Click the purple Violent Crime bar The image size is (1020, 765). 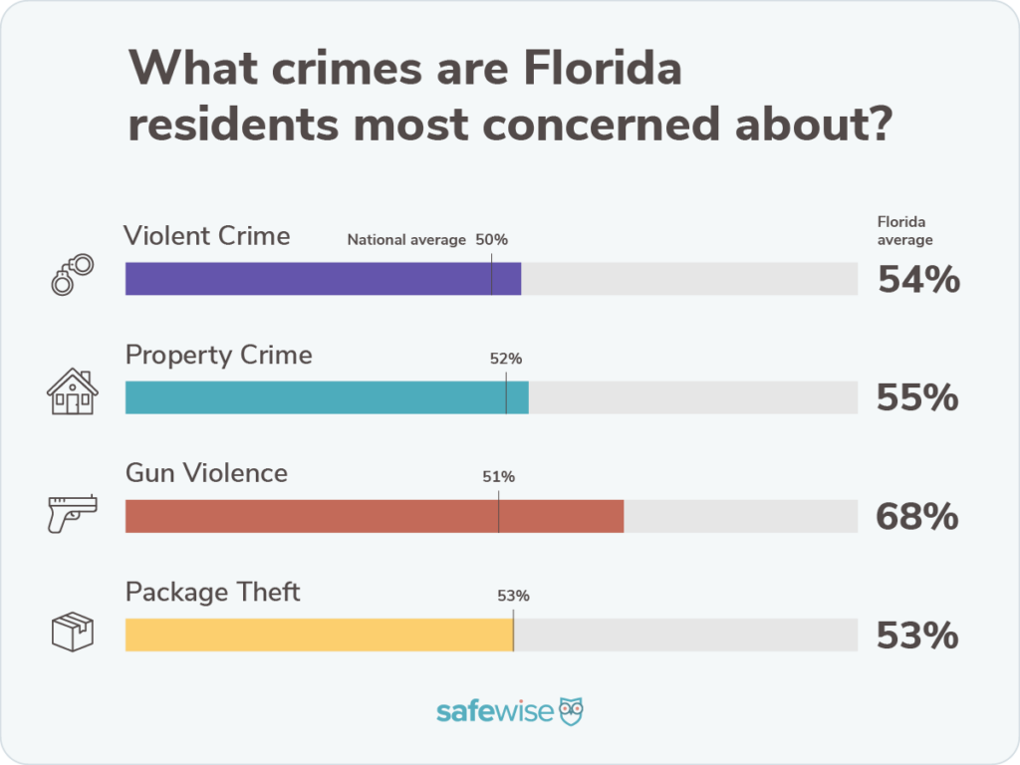coord(323,279)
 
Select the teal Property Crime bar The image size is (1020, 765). coord(327,397)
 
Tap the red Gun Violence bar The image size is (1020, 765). coord(375,516)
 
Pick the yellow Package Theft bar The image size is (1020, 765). coord(319,635)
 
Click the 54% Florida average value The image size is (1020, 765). coord(918,280)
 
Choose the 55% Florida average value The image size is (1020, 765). coord(917,398)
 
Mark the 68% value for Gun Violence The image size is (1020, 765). coord(917,517)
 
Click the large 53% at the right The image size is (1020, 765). coord(917,636)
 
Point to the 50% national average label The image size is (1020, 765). coord(491,240)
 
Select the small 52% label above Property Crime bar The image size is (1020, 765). coord(506,359)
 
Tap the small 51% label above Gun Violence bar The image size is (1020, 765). coord(498,477)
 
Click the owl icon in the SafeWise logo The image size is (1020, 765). coord(571,711)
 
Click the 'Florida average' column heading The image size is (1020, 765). coord(904,231)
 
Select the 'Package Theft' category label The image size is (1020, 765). coord(213,592)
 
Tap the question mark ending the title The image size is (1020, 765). coord(873,126)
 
